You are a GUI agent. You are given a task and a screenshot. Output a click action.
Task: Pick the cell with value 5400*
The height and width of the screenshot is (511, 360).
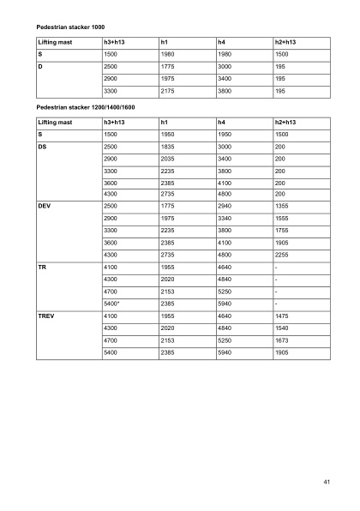[113, 303]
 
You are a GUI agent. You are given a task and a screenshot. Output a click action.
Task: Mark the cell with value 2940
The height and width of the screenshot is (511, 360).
[225, 207]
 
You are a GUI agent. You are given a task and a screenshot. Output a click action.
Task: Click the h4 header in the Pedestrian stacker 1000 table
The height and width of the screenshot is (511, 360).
[223, 41]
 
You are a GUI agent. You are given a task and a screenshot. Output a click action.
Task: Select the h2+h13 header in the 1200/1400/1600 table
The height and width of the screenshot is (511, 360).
[284, 123]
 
